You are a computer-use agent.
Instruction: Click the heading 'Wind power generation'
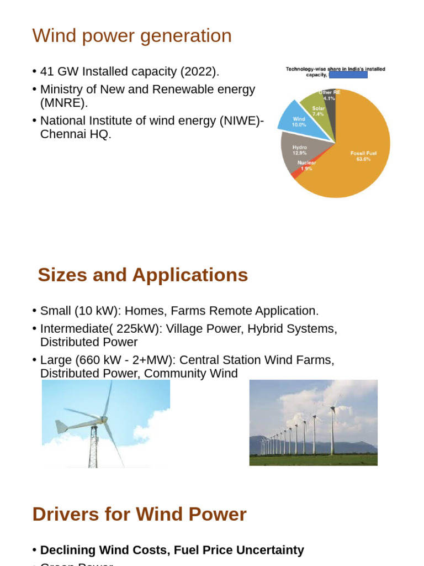coord(132,36)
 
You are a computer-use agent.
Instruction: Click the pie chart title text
coord(335,69)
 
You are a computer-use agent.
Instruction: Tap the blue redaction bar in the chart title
coord(348,75)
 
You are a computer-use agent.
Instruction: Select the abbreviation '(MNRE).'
coord(64,103)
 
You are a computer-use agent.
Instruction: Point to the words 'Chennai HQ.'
coord(76,134)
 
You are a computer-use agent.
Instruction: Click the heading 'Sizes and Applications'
coord(142,275)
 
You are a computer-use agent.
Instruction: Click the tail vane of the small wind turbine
coord(61,427)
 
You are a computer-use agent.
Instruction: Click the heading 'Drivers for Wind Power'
coord(139,514)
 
